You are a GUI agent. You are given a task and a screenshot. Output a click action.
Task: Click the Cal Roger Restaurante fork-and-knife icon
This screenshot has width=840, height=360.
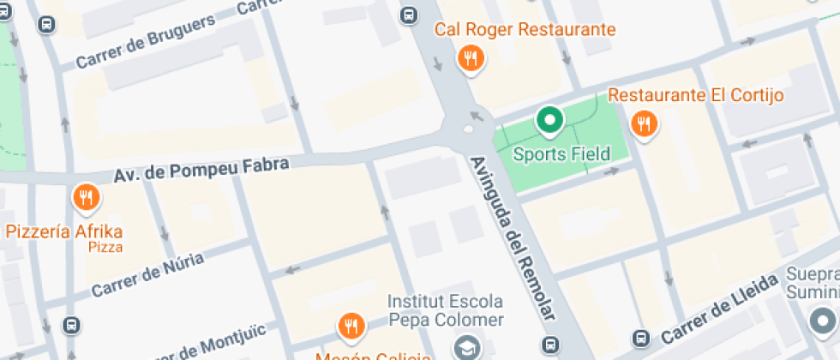tap(470, 58)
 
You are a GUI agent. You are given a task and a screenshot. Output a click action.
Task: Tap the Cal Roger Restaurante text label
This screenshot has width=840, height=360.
tap(525, 30)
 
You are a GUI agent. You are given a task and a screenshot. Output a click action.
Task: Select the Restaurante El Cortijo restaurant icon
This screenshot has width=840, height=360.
tap(644, 124)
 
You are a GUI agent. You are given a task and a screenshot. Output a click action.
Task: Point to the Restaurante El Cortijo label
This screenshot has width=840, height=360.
tap(696, 94)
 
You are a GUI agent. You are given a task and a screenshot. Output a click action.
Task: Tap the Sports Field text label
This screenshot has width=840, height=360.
tap(561, 154)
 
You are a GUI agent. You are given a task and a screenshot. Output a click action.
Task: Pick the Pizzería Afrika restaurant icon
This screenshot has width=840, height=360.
tap(85, 198)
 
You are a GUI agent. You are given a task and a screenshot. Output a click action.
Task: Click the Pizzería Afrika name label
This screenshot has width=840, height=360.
tap(64, 231)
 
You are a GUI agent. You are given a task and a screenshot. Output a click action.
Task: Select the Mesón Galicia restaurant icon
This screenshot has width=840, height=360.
tap(350, 325)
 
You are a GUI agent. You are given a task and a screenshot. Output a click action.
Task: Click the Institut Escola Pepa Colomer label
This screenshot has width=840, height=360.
tap(445, 311)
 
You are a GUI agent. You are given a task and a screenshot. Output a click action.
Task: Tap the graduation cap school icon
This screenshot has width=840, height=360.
tap(466, 347)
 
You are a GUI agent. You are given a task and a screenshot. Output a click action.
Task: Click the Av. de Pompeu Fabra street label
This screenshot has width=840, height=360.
tap(201, 169)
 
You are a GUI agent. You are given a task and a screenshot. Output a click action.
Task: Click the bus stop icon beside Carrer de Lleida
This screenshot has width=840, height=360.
tap(640, 338)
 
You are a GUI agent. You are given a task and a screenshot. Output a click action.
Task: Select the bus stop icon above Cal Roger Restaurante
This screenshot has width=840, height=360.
tap(410, 15)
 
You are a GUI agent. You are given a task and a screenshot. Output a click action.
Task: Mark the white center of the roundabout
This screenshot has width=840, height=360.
tap(468, 130)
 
